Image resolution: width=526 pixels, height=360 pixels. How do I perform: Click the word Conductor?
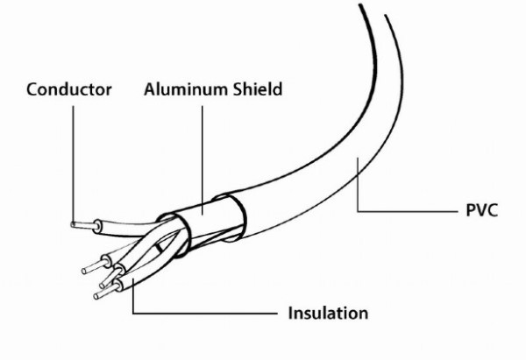[69, 89]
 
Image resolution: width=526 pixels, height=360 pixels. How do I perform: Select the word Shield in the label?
[258, 89]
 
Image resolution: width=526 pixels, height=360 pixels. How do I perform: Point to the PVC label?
[482, 210]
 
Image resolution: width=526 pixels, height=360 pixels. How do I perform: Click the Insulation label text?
[328, 313]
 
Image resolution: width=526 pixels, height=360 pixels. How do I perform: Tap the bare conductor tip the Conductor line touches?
[83, 225]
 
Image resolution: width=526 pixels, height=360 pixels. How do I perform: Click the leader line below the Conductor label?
[73, 165]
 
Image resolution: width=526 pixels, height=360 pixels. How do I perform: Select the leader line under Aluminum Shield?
[203, 160]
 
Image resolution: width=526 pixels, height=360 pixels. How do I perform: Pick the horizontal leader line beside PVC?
[408, 211]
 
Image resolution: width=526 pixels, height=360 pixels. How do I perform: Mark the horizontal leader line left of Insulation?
[205, 314]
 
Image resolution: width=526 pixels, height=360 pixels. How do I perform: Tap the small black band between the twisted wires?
[158, 248]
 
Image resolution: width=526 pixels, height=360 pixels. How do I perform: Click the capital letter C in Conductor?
[32, 90]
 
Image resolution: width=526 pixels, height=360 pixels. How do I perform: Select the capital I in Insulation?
[290, 313]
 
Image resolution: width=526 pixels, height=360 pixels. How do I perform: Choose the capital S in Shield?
[238, 89]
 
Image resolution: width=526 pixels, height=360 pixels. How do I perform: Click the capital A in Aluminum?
[150, 89]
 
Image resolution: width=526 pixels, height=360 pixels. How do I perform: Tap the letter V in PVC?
[481, 210]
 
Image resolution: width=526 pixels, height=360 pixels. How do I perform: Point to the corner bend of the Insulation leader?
[133, 314]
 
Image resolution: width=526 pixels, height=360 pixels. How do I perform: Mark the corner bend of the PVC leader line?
[358, 211]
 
